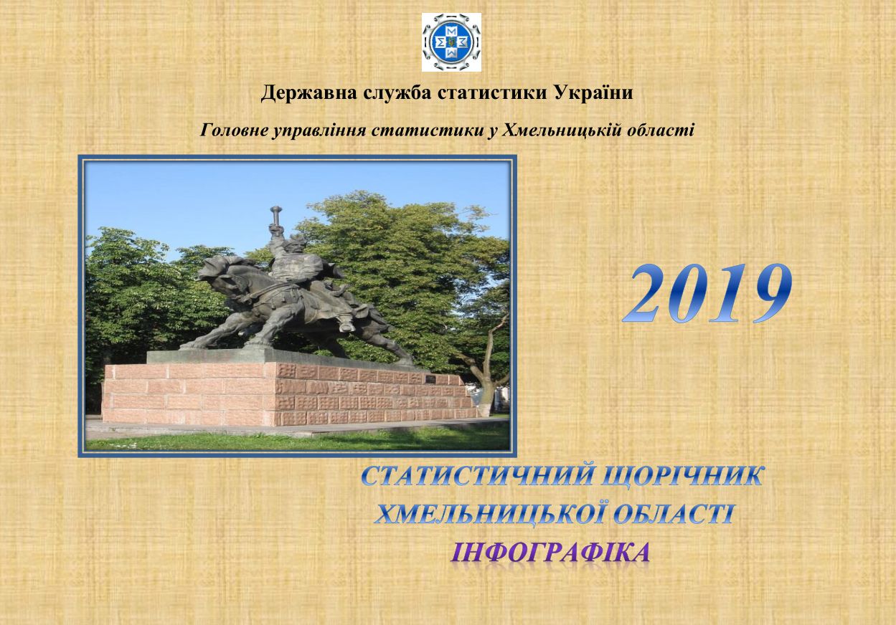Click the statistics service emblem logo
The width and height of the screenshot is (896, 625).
[451, 42]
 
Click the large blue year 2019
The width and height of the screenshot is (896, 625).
[707, 295]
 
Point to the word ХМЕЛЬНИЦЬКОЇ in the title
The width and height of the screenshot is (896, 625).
[488, 512]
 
